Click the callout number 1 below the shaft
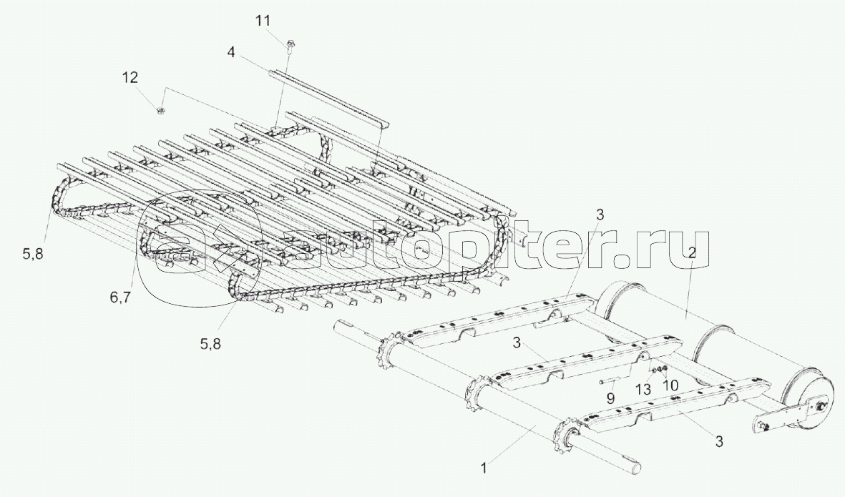[484, 468]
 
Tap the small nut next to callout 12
[161, 111]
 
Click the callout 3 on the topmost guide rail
[600, 215]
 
